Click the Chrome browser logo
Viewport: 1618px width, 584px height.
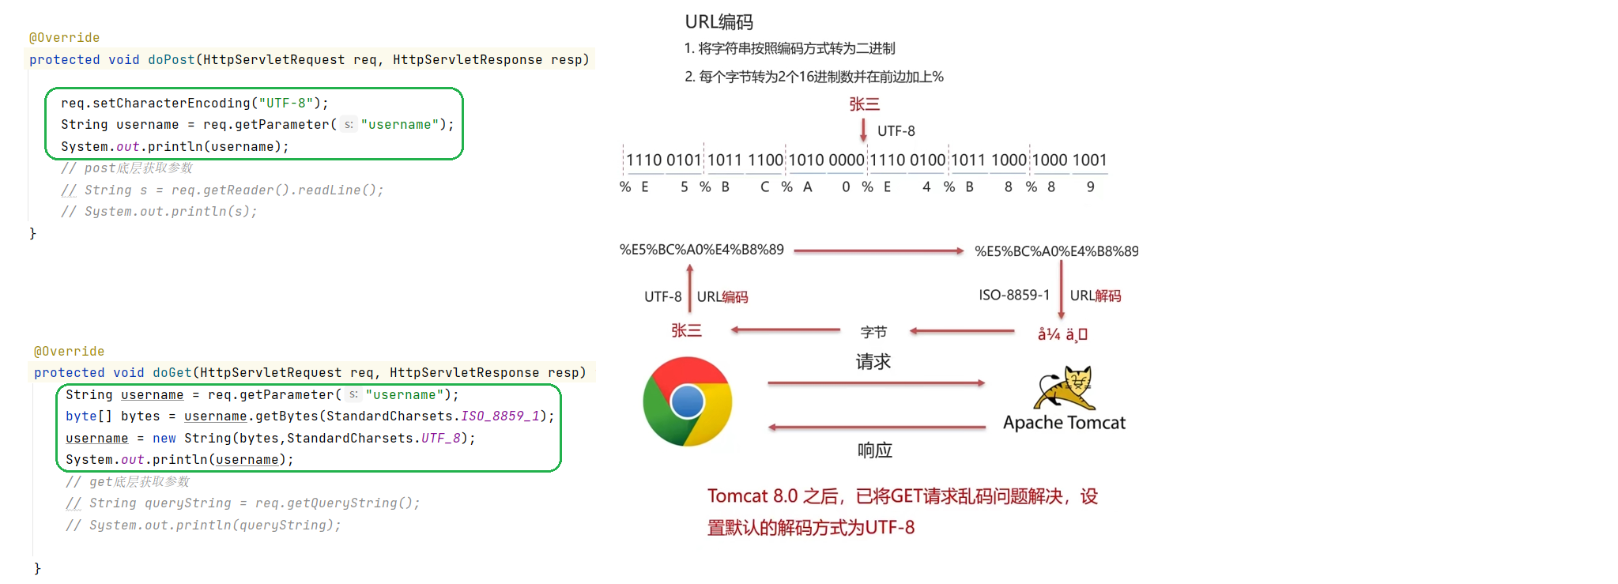pos(687,401)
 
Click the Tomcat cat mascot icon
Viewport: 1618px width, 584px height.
pos(1065,386)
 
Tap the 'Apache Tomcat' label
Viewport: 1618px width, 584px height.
pos(1064,423)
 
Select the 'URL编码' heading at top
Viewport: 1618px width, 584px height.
pos(718,22)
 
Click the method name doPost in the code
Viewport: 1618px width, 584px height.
pos(171,60)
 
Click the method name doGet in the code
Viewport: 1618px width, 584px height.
pos(172,373)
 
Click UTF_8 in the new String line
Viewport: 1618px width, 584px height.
pos(440,439)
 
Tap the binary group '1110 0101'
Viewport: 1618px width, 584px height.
pos(663,160)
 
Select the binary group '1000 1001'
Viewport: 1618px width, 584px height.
pos(1069,160)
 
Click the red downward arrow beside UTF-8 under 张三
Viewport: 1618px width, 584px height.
pos(863,130)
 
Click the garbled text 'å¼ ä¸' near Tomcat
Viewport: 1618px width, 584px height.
pos(1062,334)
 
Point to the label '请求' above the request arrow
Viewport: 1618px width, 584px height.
pos(873,362)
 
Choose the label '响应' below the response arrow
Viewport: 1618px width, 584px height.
pos(874,450)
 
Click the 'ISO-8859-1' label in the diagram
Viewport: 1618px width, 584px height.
pos(1014,296)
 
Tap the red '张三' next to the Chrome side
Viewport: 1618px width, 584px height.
pos(686,331)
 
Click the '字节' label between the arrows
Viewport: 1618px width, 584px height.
pos(873,333)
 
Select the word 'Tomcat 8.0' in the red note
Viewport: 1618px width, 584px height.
pos(752,496)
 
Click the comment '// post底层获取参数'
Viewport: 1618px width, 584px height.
pos(126,168)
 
